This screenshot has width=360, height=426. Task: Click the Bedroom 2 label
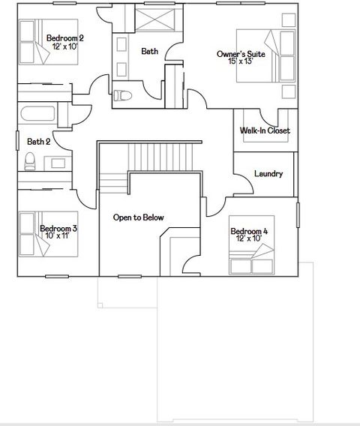point(64,37)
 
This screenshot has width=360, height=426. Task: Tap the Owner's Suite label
point(241,54)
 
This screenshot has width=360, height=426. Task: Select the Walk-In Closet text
point(265,130)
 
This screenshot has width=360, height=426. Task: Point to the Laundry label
point(268,174)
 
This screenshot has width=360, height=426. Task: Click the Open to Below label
point(138,217)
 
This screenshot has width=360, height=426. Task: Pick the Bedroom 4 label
point(249,231)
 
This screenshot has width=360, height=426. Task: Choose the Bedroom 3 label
point(58,228)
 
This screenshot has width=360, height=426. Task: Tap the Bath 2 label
point(38,141)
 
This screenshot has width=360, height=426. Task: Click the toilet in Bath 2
point(31,160)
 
